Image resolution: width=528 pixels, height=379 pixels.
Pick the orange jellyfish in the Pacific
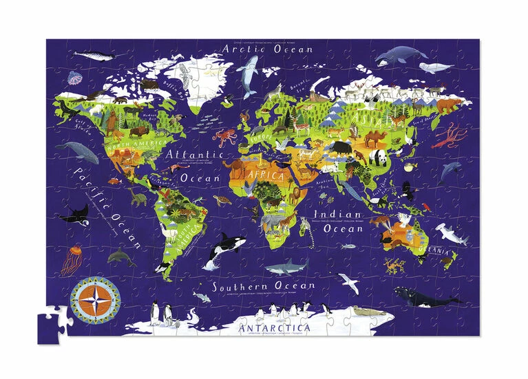click(x=70, y=261)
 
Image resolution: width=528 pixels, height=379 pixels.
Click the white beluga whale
click(x=437, y=67)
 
